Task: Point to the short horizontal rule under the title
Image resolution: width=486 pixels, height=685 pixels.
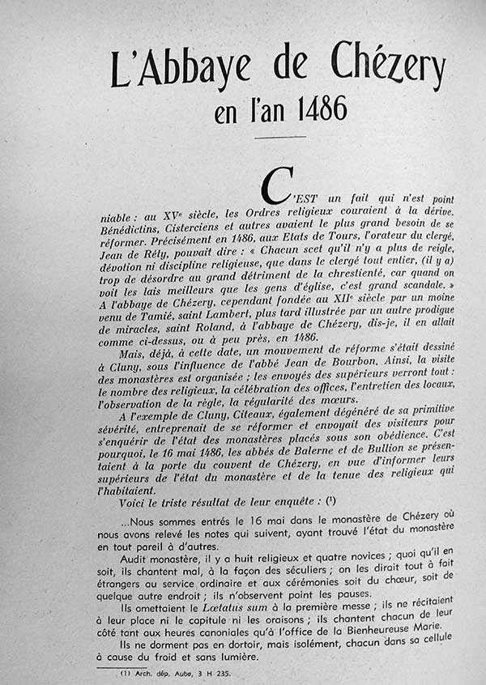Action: pyautogui.click(x=279, y=138)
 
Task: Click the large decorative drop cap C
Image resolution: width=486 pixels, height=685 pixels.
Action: pyautogui.click(x=276, y=188)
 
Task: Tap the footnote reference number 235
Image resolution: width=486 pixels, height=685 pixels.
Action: pyautogui.click(x=222, y=672)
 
